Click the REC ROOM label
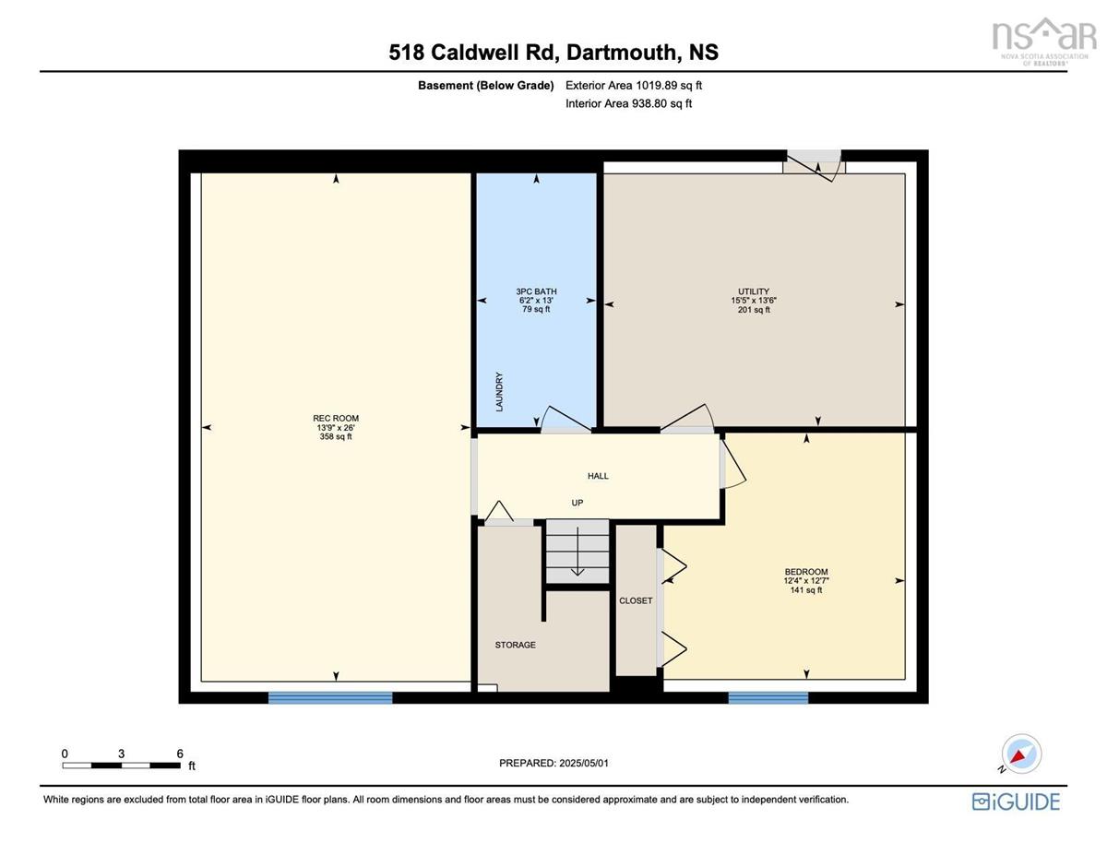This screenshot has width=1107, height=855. tap(336, 418)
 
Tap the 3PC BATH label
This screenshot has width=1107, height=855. tap(536, 291)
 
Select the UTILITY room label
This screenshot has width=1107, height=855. tap(754, 291)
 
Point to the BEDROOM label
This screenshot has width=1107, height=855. tap(806, 571)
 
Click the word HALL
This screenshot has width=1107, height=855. tap(598, 476)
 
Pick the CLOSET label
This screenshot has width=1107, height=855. tap(636, 600)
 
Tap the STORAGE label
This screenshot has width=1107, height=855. tap(515, 645)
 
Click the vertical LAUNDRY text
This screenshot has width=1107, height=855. tap(499, 392)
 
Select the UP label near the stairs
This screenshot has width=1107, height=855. tap(577, 503)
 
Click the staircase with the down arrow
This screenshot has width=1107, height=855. tap(577, 552)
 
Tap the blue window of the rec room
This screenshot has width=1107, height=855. tap(330, 697)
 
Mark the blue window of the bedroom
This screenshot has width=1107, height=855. tap(768, 697)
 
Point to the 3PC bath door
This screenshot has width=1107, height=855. tap(565, 420)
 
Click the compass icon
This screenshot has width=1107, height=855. tap(1021, 754)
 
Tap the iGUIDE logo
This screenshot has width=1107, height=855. tap(1016, 801)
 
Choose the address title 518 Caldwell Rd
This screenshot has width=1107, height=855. tap(471, 52)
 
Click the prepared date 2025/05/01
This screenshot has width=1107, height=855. tap(584, 763)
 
